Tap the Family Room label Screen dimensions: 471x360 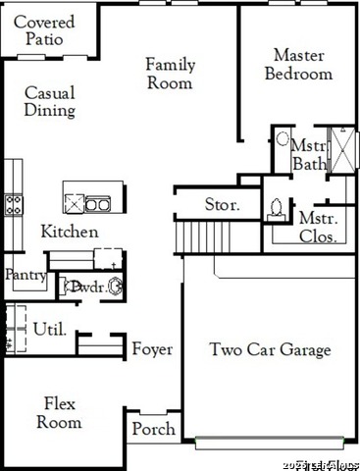171,74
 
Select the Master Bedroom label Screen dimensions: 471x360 299,64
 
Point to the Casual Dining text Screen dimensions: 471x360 50,101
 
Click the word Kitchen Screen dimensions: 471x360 69,232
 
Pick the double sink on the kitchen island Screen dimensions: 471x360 97,204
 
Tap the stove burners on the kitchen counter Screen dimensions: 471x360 14,204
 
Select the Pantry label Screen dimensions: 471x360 25,276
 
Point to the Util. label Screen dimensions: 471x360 49,329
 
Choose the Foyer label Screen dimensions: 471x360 152,349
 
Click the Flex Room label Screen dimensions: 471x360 59,413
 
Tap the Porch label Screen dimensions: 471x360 154,429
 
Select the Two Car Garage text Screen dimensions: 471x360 270,349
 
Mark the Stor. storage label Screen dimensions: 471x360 222,205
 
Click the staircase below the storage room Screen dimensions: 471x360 193,236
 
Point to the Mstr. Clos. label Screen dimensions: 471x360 318,227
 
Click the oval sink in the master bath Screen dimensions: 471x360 283,140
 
